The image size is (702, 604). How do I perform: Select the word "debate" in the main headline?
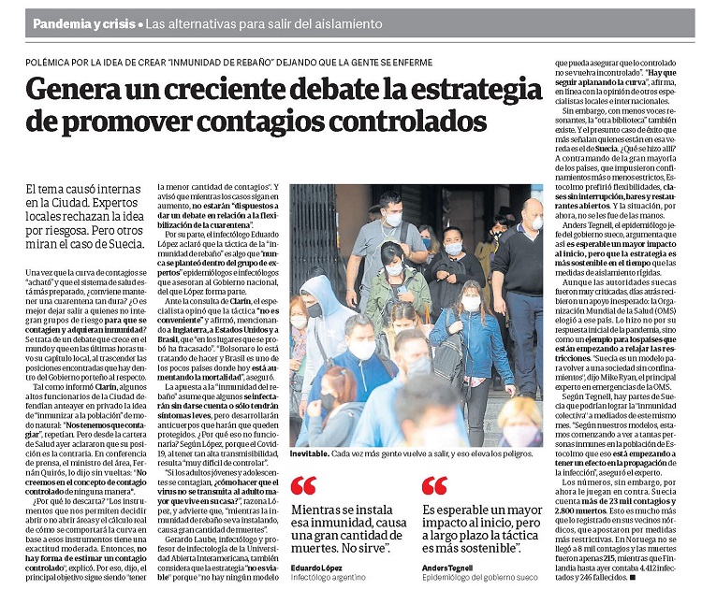[x=352, y=90]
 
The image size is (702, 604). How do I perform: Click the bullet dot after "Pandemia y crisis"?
[x=140, y=22]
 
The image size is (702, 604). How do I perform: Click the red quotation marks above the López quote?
[x=303, y=485]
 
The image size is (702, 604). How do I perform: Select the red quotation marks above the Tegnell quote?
[x=434, y=485]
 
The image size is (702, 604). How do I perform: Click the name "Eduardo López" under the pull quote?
[x=316, y=568]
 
